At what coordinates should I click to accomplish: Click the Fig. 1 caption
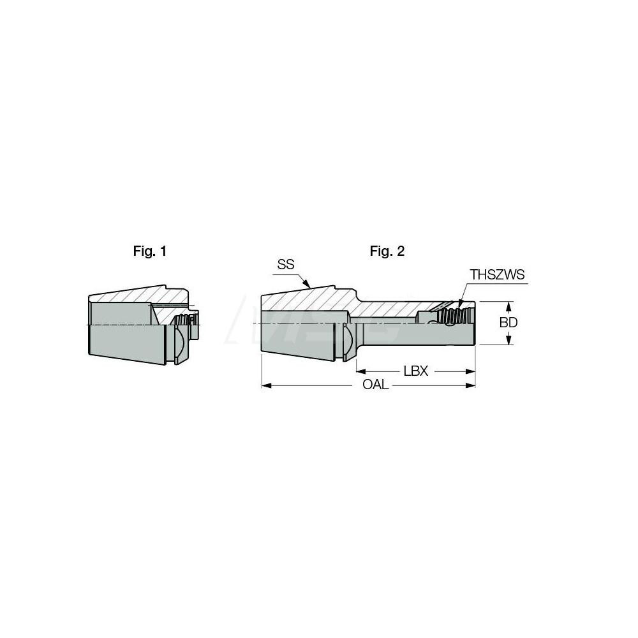150,251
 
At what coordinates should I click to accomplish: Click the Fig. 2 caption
387,251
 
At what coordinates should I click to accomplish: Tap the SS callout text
286,264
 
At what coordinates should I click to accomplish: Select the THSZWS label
497,275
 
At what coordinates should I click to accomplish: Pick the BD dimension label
508,323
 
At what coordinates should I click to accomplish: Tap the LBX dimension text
415,371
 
